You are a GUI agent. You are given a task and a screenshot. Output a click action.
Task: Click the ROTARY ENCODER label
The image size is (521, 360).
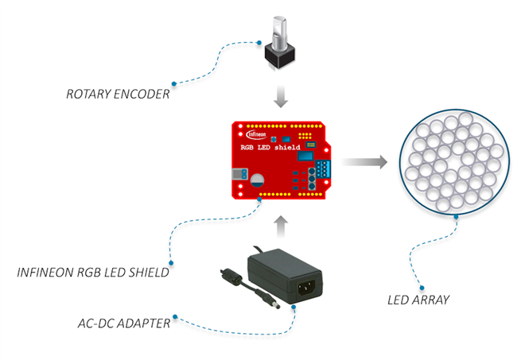point(117,95)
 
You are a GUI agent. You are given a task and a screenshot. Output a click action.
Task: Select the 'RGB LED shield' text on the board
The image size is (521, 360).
point(271,146)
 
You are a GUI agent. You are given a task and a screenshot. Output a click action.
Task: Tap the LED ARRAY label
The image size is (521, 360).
point(418,300)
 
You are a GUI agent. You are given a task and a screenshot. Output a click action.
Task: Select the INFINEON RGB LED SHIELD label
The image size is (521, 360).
point(93,273)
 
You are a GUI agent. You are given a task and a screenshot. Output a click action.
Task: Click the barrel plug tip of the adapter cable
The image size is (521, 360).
point(278,307)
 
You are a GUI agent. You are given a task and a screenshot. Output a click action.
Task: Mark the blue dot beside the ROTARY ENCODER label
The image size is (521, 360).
point(174,83)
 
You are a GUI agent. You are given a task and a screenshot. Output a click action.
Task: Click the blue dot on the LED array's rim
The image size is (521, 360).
point(456,215)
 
